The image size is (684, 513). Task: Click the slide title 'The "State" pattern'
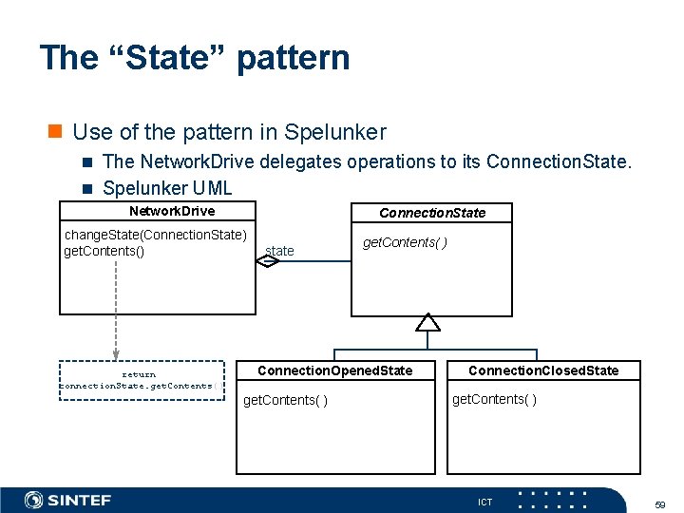[195, 58]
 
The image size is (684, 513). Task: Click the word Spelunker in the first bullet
[337, 132]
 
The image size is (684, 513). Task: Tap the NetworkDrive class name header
[172, 211]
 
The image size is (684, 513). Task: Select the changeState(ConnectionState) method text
[155, 235]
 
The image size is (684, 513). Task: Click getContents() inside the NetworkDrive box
[104, 251]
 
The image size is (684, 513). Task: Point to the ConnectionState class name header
[432, 213]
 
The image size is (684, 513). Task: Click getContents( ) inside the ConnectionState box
[406, 242]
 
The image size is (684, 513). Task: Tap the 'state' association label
[280, 251]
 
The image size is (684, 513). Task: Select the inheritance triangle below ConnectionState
[428, 322]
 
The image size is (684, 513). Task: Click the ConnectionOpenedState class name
[335, 370]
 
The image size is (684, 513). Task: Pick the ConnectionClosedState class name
[543, 370]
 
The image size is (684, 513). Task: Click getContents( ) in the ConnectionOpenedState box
[286, 400]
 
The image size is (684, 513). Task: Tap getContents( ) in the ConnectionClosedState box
[494, 399]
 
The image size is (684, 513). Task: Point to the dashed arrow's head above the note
[116, 353]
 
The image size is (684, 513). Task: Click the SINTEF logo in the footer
[67, 500]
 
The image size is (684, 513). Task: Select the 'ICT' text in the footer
[485, 502]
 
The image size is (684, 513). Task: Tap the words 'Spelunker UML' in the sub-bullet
[167, 188]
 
